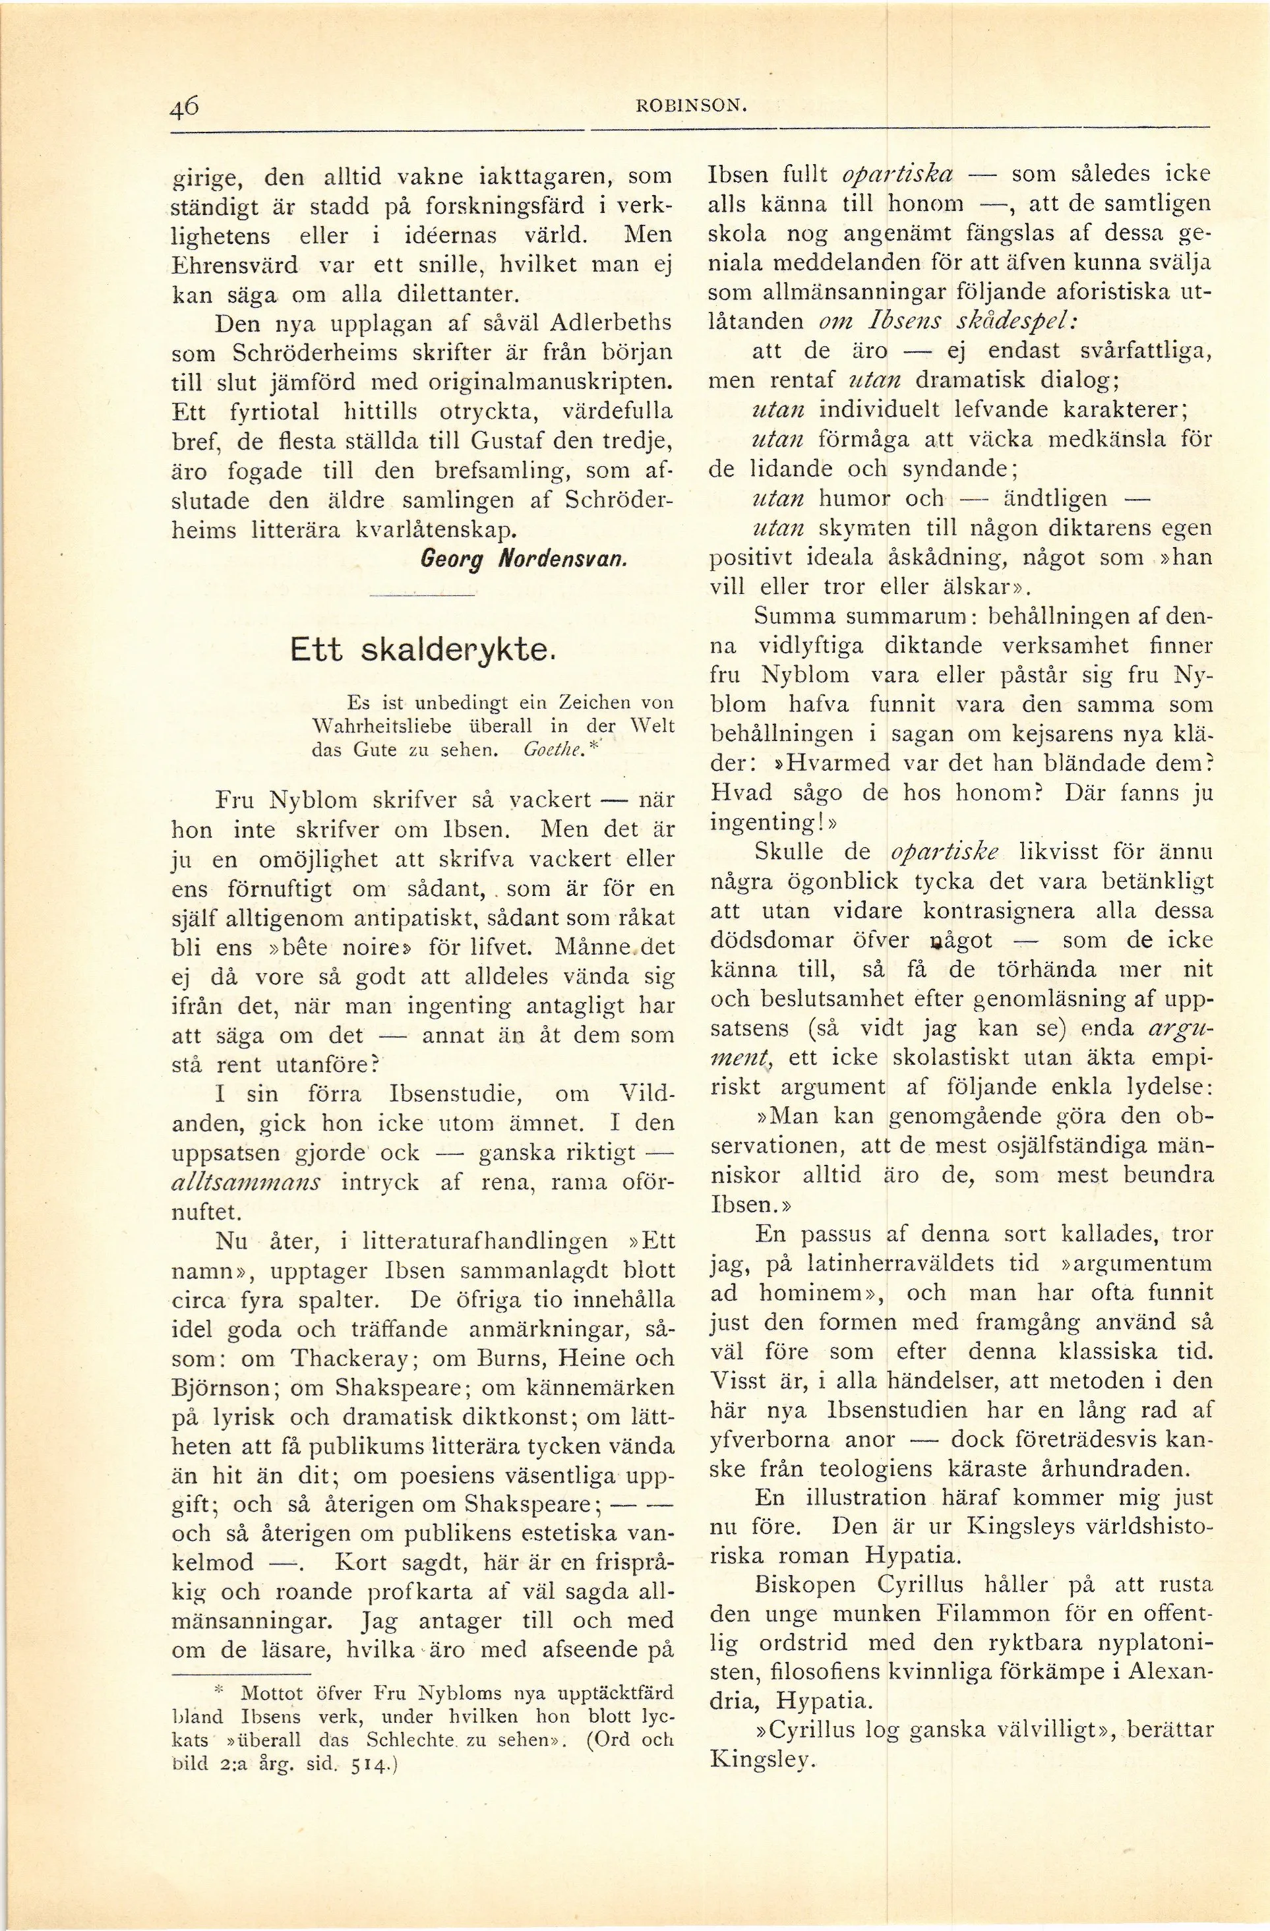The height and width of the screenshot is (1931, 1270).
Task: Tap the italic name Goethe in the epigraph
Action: tap(553, 750)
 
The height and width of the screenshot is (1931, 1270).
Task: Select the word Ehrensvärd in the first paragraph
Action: tap(231, 264)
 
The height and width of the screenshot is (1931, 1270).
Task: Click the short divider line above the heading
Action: tap(421, 597)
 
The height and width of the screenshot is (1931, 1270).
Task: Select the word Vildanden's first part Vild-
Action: tap(646, 1094)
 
